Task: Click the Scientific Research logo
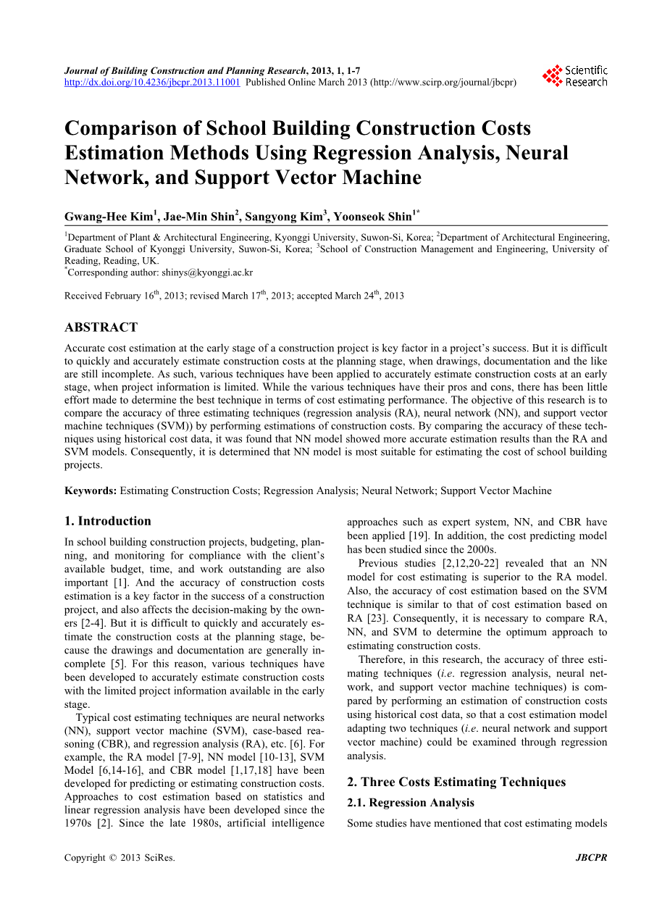(x=576, y=76)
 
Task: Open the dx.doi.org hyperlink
(x=152, y=83)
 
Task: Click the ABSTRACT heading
(x=101, y=327)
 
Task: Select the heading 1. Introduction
(x=108, y=521)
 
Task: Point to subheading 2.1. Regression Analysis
(x=411, y=803)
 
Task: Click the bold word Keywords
(x=90, y=491)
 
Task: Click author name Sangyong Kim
(x=285, y=217)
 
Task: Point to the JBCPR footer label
(x=591, y=858)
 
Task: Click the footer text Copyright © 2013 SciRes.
(x=120, y=858)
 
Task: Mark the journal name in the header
(x=185, y=71)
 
